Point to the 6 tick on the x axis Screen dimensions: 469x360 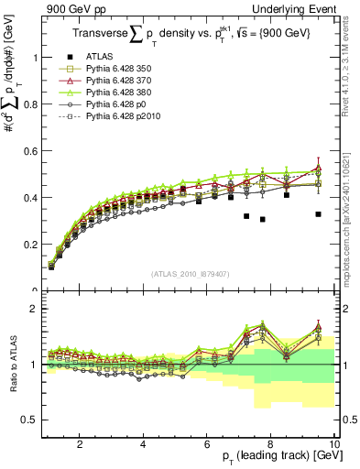click(207, 444)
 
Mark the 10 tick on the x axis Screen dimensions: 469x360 click(334, 444)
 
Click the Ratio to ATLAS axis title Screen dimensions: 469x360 click(12, 366)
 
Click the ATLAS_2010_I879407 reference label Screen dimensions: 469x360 click(190, 274)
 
